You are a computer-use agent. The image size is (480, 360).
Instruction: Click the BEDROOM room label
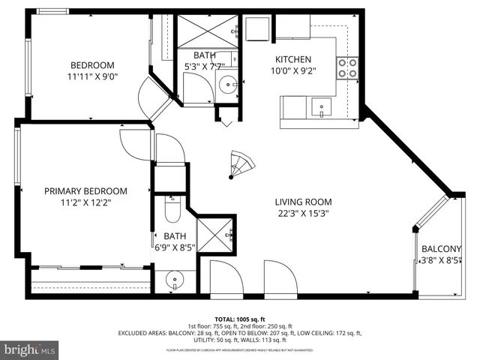tap(92, 64)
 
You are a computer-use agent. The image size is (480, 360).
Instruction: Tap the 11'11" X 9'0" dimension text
tap(92, 76)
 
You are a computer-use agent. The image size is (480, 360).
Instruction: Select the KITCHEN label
tap(292, 59)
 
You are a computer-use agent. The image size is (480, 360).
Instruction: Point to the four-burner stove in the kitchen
tap(346, 69)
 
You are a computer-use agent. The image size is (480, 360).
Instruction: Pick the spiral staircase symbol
tap(242, 163)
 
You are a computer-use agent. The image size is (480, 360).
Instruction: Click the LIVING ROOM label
tap(302, 202)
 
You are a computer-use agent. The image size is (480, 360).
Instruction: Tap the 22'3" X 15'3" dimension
tap(302, 213)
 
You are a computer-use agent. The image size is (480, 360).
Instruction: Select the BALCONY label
tap(441, 249)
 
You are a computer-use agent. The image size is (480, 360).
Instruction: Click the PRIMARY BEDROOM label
tap(85, 191)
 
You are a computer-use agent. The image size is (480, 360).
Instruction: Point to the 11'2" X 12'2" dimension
tap(85, 202)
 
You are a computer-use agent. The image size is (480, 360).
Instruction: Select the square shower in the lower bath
tap(216, 235)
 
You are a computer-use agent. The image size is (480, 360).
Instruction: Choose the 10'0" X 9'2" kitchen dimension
tap(292, 71)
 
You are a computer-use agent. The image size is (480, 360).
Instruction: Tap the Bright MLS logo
tap(30, 349)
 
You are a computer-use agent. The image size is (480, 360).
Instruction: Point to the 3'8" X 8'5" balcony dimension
tap(440, 261)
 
